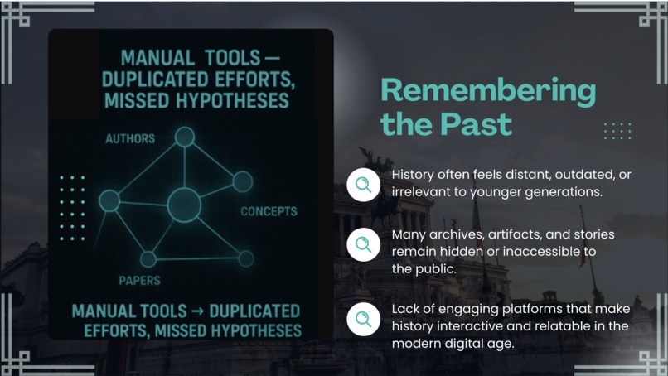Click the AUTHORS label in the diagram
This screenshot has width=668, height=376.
pyautogui.click(x=129, y=138)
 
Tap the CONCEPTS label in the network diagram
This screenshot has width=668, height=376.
pyautogui.click(x=269, y=211)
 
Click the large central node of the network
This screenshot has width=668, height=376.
pyautogui.click(x=184, y=205)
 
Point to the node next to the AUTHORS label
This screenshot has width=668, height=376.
pyautogui.click(x=184, y=137)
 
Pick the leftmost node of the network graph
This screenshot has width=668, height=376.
pyautogui.click(x=109, y=200)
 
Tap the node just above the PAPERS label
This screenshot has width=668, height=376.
pyautogui.click(x=148, y=259)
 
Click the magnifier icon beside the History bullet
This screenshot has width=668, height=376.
pyautogui.click(x=363, y=185)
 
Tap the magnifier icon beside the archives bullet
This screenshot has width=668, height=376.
pyautogui.click(x=363, y=244)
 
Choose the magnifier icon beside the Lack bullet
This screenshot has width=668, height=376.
pyautogui.click(x=363, y=319)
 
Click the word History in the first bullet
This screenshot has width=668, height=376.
pyautogui.click(x=414, y=176)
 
